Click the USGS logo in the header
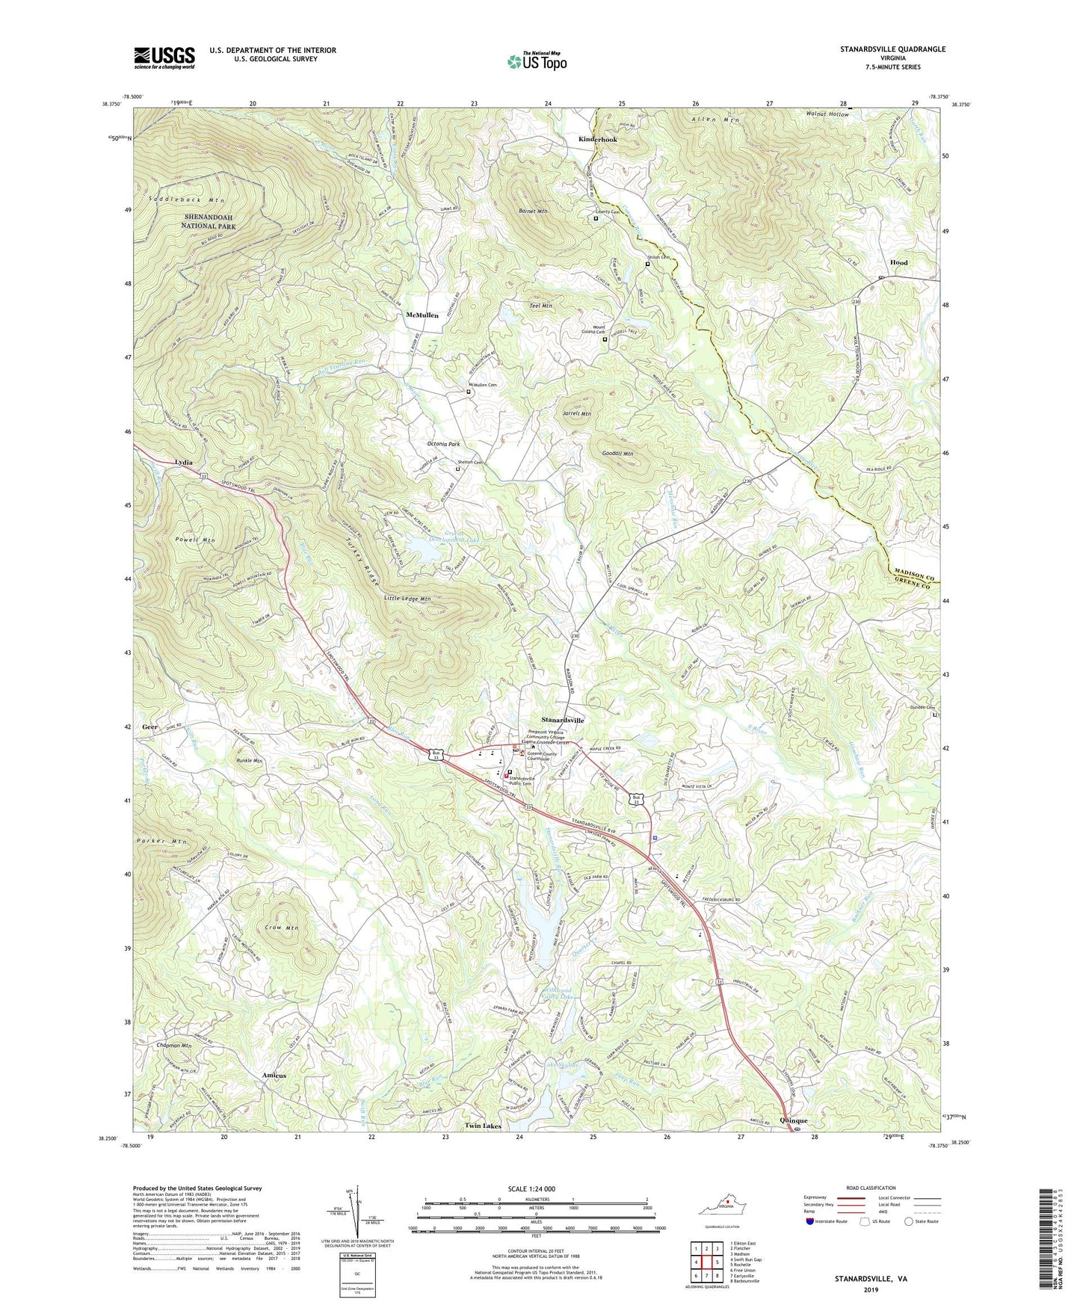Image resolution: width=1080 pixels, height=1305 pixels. tap(164, 57)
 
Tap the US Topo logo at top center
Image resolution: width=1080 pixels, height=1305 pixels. tap(537, 61)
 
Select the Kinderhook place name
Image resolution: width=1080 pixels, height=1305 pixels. tap(597, 140)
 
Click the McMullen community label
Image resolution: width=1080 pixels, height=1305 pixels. tap(422, 315)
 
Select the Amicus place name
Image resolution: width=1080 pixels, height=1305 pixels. tap(274, 1076)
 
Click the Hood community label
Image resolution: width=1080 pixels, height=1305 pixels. tap(898, 263)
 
